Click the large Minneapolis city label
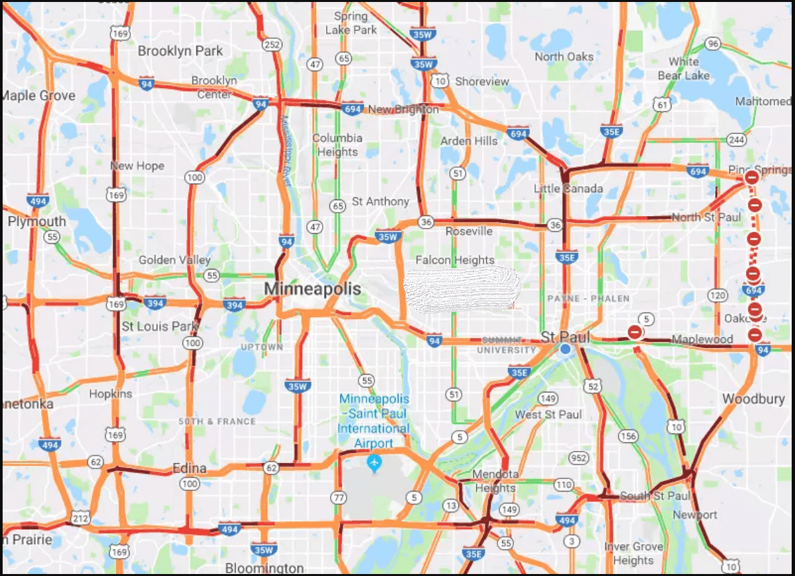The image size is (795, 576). point(312,289)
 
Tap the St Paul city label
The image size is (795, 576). point(565,336)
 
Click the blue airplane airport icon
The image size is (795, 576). point(374,462)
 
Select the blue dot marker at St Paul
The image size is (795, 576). point(565,349)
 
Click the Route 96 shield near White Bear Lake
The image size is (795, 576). point(712,44)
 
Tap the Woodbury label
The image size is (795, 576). point(753,399)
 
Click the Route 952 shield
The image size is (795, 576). point(579,458)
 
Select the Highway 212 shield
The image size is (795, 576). point(81,519)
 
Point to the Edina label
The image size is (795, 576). point(189,468)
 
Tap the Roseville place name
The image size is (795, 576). point(469,231)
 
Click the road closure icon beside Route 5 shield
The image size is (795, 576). point(635,332)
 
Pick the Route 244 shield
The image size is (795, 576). point(736,139)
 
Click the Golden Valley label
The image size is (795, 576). point(175,260)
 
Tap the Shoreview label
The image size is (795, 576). point(482,81)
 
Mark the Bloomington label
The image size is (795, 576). point(265,568)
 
